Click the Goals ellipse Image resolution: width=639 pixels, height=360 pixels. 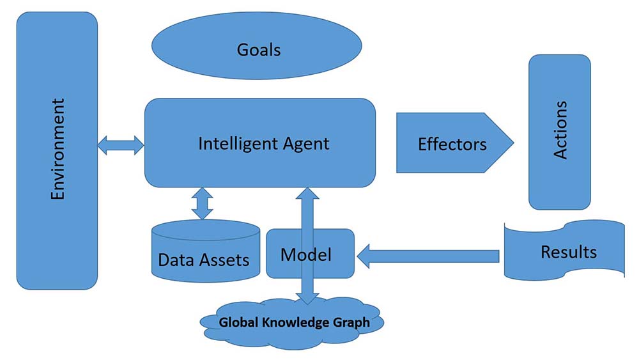pyautogui.click(x=259, y=49)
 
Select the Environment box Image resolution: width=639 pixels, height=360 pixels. pyautogui.click(x=57, y=150)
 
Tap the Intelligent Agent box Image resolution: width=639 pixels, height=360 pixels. pyautogui.click(x=259, y=143)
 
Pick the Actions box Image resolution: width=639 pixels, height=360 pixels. pyautogui.click(x=560, y=131)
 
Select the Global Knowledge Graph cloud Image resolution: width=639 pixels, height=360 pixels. pyautogui.click(x=293, y=323)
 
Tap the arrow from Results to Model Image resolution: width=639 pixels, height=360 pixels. pyautogui.click(x=427, y=257)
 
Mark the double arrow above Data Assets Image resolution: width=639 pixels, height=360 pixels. pyautogui.click(x=203, y=203)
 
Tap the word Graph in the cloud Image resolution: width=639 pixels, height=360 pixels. pyautogui.click(x=351, y=322)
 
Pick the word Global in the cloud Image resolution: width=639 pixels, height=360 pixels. pyautogui.click(x=238, y=322)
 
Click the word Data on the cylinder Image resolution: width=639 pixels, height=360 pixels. pyautogui.click(x=175, y=260)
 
